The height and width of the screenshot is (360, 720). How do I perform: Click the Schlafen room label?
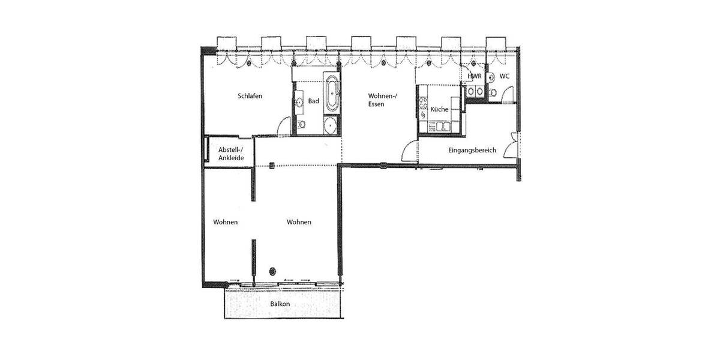pos(250,96)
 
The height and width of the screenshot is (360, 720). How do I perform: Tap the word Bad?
pos(313,101)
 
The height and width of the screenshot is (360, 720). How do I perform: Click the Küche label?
pos(439,109)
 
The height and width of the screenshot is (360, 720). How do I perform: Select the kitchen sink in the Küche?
pos(443,126)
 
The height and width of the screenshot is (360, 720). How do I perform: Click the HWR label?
pos(474,76)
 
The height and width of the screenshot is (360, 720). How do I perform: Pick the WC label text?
pos(504,76)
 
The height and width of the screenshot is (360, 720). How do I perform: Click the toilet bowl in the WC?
pos(493,92)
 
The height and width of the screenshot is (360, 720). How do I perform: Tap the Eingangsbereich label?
pos(472,150)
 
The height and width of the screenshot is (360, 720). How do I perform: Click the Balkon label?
pos(280,304)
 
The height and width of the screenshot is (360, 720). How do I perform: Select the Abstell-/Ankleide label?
pos(230,154)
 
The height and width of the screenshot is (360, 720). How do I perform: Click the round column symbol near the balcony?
pos(274,271)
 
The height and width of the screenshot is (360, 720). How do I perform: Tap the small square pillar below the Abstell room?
pos(272,165)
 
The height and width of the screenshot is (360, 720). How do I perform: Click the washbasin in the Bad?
pos(299,103)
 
